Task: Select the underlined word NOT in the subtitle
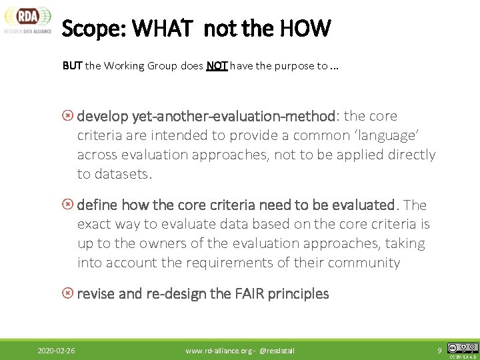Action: pyautogui.click(x=217, y=66)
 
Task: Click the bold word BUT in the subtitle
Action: pyautogui.click(x=72, y=66)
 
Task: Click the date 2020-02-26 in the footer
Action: pyautogui.click(x=56, y=350)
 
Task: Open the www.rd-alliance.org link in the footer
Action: pyautogui.click(x=219, y=350)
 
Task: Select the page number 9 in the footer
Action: pyautogui.click(x=439, y=350)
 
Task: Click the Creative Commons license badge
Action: pyautogui.click(x=463, y=348)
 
